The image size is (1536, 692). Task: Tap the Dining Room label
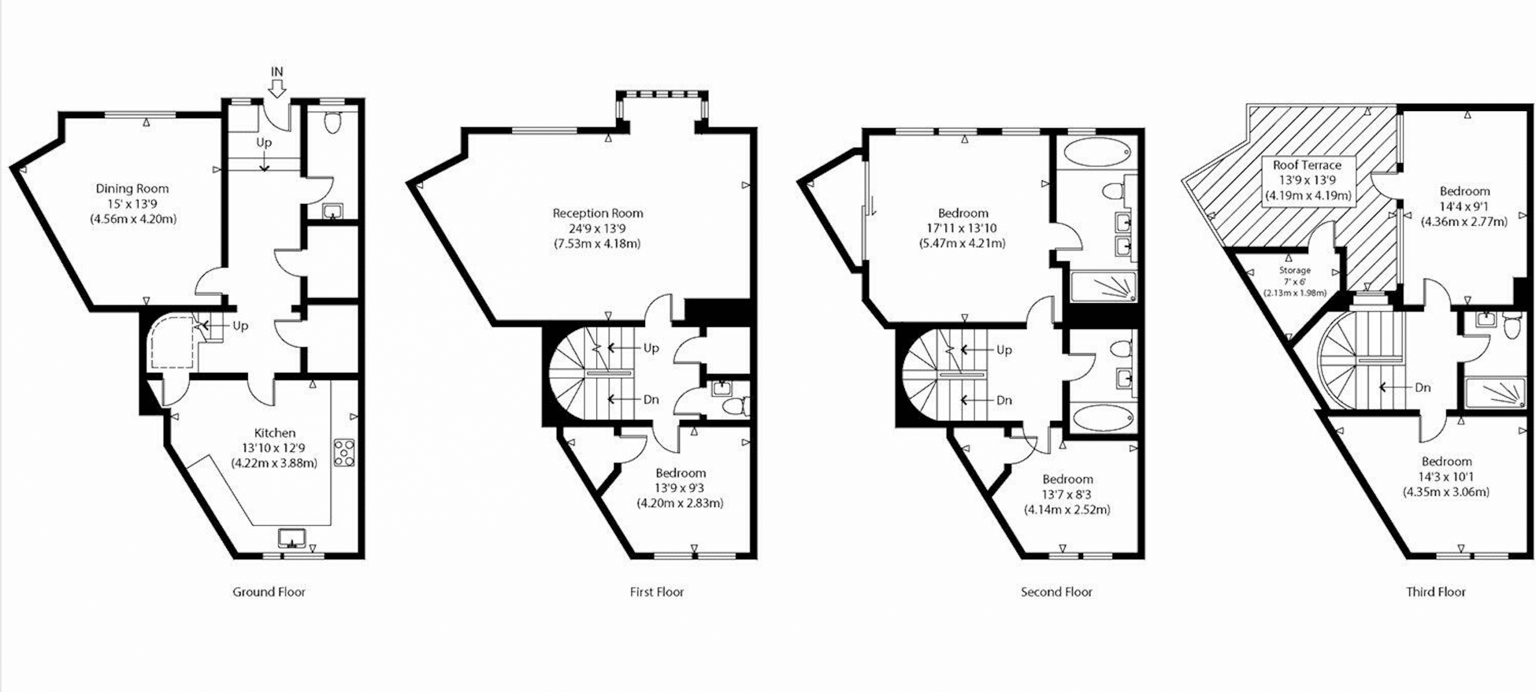click(133, 188)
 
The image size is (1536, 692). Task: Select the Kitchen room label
click(275, 433)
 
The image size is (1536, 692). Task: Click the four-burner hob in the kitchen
click(344, 453)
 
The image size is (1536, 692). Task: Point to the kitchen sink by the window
click(292, 538)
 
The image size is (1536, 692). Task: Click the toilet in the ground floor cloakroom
click(331, 123)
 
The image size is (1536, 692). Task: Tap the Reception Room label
click(598, 213)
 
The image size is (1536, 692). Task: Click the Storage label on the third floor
click(1295, 271)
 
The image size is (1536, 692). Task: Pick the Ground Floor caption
click(269, 592)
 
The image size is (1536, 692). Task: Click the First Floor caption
click(656, 592)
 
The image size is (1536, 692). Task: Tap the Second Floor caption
click(1056, 592)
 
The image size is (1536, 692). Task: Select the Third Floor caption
click(1436, 592)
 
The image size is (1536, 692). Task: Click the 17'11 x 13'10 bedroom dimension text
click(962, 229)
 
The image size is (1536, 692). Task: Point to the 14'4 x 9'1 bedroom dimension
click(1465, 206)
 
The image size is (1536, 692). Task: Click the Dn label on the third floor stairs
click(1423, 388)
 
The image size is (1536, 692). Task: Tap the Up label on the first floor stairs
click(651, 348)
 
